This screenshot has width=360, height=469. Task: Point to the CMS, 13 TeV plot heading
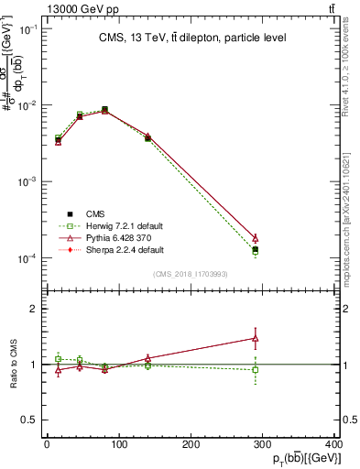pyautogui.click(x=192, y=38)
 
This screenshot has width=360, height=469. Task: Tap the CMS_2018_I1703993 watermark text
pyautogui.click(x=192, y=273)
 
